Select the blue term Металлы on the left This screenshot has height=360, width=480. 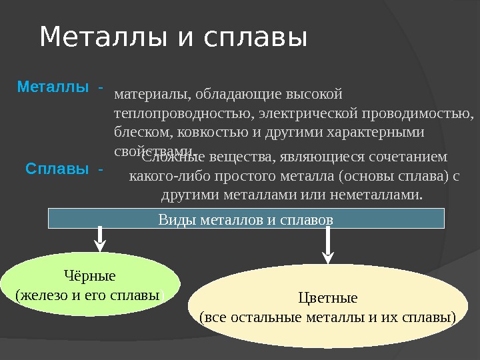[53, 87]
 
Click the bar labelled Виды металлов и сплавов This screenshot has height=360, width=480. [246, 218]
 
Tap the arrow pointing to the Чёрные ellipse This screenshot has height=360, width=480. [100, 239]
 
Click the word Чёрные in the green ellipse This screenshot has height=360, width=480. [89, 276]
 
